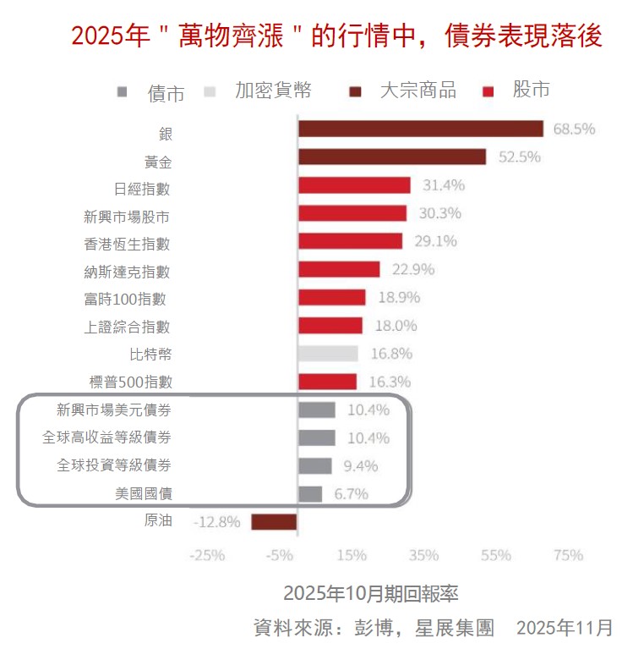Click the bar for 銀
pyautogui.click(x=420, y=129)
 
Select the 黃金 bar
pyautogui.click(x=391, y=157)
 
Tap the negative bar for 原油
pyautogui.click(x=274, y=521)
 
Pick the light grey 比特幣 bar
pyautogui.click(x=328, y=354)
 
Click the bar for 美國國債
pyautogui.click(x=309, y=493)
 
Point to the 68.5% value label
pyautogui.click(x=574, y=129)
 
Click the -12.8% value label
pyautogui.click(x=218, y=521)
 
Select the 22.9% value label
pyautogui.click(x=413, y=270)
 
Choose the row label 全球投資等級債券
pyautogui.click(x=114, y=465)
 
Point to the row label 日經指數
pyautogui.click(x=142, y=188)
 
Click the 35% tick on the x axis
pyautogui.click(x=423, y=555)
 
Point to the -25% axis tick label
pyautogui.click(x=207, y=555)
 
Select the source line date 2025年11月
pyautogui.click(x=565, y=628)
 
